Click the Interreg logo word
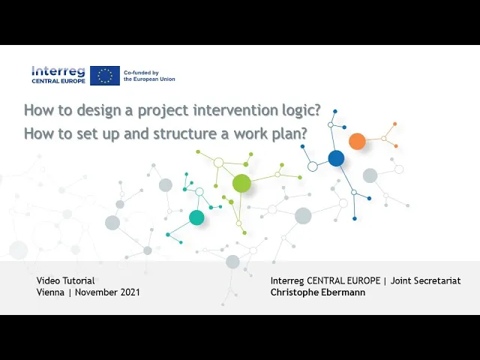[58, 71]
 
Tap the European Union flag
[105, 76]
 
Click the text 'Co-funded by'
[141, 73]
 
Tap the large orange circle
[357, 141]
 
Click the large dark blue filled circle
[336, 158]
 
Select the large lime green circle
[241, 183]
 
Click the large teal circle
[196, 217]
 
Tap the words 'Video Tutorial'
[65, 280]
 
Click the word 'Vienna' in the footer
[50, 292]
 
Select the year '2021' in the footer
[130, 292]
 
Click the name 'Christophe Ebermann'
[318, 292]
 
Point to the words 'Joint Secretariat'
[425, 280]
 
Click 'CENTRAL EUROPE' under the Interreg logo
[58, 81]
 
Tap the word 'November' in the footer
[96, 292]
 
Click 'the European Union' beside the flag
[149, 79]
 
